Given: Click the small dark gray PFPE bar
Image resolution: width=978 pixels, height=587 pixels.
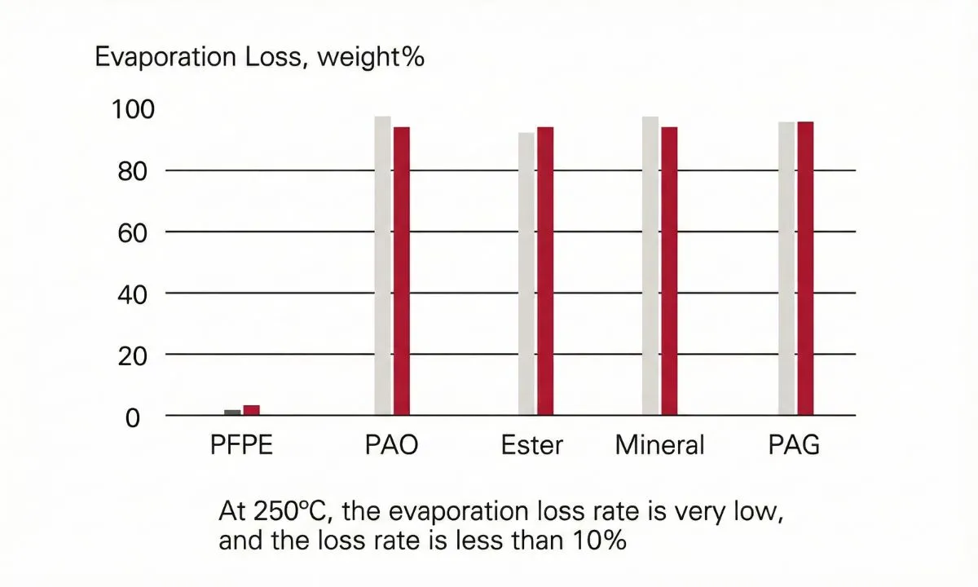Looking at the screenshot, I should pos(232,413).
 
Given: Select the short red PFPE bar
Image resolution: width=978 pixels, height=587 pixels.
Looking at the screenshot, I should pos(251,410).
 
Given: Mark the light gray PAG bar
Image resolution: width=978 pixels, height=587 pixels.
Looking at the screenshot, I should pos(786,268).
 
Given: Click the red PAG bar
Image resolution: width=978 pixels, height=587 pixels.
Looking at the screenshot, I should pos(805,268).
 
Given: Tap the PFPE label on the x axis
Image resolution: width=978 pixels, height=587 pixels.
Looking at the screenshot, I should pos(241,446).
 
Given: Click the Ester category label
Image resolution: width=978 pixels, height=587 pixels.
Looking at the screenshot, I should pos(532,446).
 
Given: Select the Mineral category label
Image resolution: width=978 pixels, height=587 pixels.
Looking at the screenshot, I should pos(660,446).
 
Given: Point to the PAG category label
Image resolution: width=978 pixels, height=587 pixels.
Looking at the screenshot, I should pos(794,446).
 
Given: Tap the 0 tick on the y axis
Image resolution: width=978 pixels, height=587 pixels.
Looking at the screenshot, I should pos(134,417).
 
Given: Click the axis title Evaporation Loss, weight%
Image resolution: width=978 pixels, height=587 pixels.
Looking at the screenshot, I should pos(260,59).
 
